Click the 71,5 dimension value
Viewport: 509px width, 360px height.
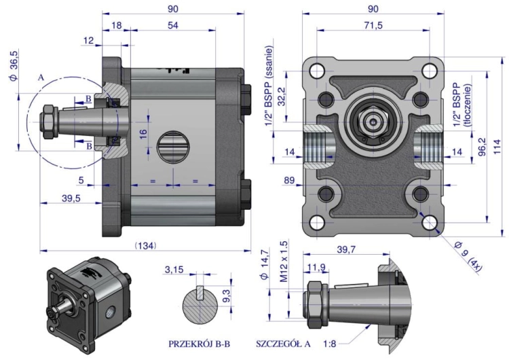coord(373,25)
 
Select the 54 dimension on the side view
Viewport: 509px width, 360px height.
coord(172,25)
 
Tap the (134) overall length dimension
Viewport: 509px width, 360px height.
coord(145,246)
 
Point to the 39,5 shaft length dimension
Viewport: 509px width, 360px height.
coord(71,198)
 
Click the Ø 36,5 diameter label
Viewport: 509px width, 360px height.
coord(14,65)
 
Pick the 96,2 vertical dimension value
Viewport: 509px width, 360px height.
coord(483,147)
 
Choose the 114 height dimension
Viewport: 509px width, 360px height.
coord(497,147)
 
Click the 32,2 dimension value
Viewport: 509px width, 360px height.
coord(281,96)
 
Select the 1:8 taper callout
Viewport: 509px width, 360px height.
coord(330,344)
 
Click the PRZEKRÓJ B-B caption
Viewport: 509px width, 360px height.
coord(199,344)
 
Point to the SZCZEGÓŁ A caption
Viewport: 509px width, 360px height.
coord(283,344)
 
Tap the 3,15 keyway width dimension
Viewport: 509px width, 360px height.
coord(174,270)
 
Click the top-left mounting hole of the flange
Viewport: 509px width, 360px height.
coord(317,70)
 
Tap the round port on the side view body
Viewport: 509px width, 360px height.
coord(173,147)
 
